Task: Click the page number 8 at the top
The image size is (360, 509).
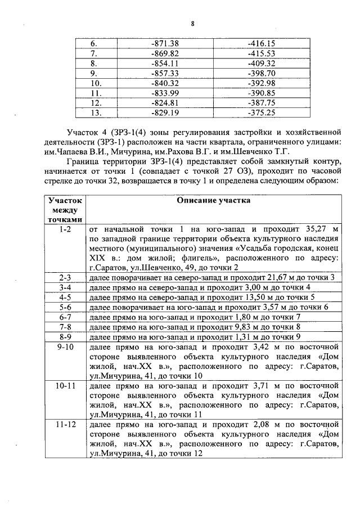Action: tap(192, 23)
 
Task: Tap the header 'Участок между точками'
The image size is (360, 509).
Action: tap(65, 210)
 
